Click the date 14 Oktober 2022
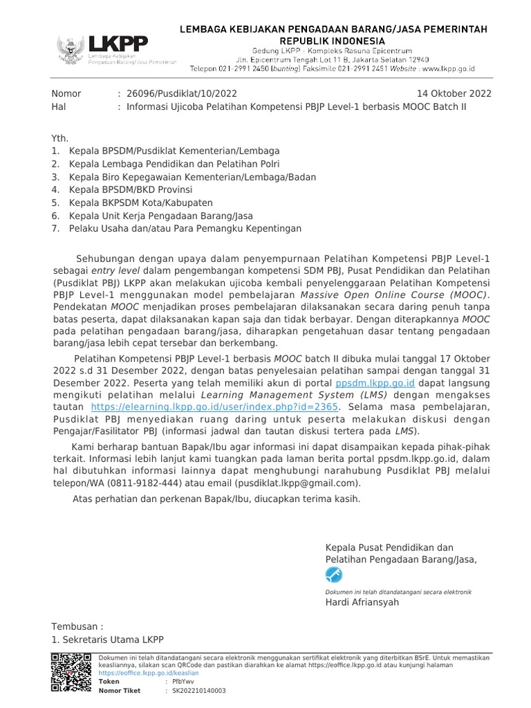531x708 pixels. (x=454, y=94)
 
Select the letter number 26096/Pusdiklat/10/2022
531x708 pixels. (x=178, y=94)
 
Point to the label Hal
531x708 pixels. (x=59, y=107)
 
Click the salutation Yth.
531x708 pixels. (x=60, y=138)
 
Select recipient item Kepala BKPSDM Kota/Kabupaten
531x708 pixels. (x=141, y=203)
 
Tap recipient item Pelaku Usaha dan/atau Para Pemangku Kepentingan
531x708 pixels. (x=185, y=229)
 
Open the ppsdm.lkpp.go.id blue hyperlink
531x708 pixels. (x=375, y=382)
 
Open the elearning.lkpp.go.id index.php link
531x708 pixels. (x=214, y=407)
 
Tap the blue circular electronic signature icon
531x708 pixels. (x=334, y=575)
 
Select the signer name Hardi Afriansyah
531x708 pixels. (x=362, y=602)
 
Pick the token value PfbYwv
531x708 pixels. (x=179, y=681)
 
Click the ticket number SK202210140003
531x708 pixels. (x=198, y=690)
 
